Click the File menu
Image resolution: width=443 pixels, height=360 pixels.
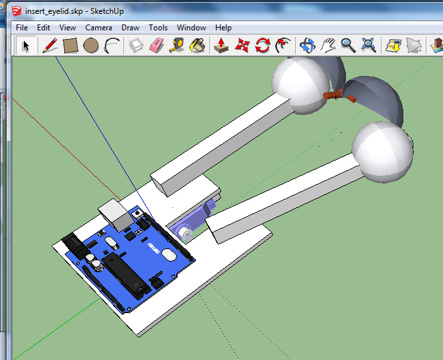tap(22, 28)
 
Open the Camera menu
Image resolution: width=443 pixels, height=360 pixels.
tap(98, 28)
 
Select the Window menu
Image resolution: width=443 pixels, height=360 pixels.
tap(191, 28)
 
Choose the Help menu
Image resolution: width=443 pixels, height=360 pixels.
tap(223, 28)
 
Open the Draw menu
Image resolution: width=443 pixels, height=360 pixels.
tap(130, 28)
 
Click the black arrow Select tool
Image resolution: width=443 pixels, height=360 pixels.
tap(26, 46)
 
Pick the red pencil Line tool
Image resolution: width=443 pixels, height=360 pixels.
tap(50, 46)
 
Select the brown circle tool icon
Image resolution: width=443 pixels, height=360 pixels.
tap(90, 46)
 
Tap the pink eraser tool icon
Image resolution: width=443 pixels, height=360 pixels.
tap(156, 46)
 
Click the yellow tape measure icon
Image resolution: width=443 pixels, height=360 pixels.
tap(176, 46)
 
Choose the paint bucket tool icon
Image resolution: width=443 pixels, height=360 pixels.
tap(197, 46)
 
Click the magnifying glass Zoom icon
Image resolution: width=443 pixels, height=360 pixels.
tap(348, 46)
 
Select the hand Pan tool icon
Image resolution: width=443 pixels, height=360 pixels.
tap(328, 46)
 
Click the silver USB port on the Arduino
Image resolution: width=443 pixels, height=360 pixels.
tap(115, 215)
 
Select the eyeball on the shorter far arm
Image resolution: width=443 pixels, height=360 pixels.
tap(300, 84)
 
